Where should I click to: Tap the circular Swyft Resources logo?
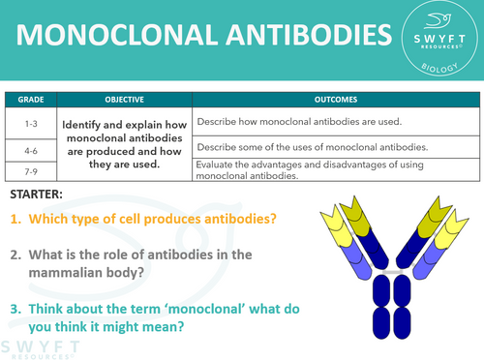(x=443, y=41)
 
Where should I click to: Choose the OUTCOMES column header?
(x=335, y=100)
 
